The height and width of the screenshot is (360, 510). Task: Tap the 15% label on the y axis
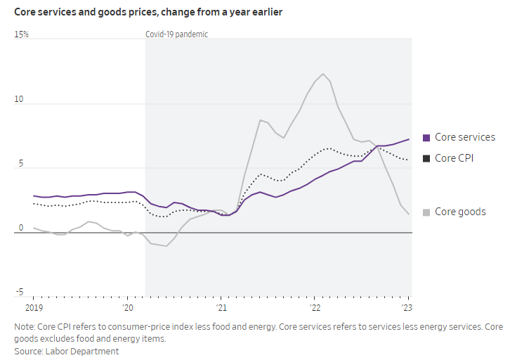(21, 34)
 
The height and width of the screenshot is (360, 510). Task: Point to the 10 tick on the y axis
(18, 99)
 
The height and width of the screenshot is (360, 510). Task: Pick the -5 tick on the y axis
(19, 292)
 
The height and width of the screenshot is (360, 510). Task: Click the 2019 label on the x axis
(34, 308)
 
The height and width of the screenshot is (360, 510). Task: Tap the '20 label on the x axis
(128, 308)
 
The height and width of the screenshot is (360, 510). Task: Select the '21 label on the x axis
(221, 308)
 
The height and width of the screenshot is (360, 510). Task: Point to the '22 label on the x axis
(315, 308)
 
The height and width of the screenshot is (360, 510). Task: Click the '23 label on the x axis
(407, 308)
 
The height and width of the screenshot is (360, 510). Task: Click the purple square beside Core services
(426, 138)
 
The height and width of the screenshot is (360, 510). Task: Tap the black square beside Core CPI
(426, 159)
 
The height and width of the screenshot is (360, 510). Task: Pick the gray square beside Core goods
(426, 212)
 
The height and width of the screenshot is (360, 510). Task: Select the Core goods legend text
(460, 212)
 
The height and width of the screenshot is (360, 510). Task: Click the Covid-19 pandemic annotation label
(176, 34)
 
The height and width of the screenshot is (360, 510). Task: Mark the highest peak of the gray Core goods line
(322, 74)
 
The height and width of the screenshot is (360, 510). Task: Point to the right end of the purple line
(409, 139)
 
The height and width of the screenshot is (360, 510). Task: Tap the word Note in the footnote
(24, 327)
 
